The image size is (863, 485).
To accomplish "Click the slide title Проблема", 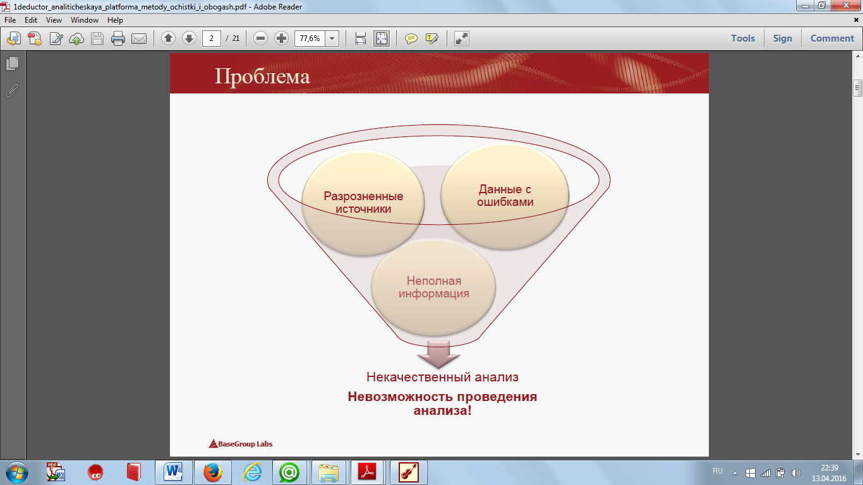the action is point(262,76).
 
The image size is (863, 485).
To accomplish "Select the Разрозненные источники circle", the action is point(363,203).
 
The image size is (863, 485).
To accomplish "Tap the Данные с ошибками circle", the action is point(505,196).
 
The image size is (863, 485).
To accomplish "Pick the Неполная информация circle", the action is point(433,287).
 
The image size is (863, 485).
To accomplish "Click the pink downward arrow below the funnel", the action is point(438,354).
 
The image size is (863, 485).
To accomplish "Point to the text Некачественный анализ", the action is point(442,377).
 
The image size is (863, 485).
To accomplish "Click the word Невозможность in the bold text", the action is point(400,397).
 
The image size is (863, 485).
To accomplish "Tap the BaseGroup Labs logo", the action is point(241,444).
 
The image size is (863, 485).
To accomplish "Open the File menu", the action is point(10,20).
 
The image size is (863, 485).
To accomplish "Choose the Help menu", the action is point(115,20).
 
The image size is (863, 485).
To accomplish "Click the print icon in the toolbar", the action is point(118,39).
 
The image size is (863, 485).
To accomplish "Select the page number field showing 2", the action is point(212,39).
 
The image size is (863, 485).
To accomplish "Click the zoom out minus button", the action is point(260,39).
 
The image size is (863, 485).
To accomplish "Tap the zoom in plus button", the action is point(281,39).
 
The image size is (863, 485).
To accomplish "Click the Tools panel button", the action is point(743,39).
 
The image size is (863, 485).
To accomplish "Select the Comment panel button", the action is point(832,39).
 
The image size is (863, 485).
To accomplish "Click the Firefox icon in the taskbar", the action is point(213,472).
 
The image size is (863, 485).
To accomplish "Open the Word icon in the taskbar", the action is point(173,472).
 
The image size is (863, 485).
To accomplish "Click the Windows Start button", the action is point(17,472).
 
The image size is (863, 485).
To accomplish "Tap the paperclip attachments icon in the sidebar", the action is point(12,91).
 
